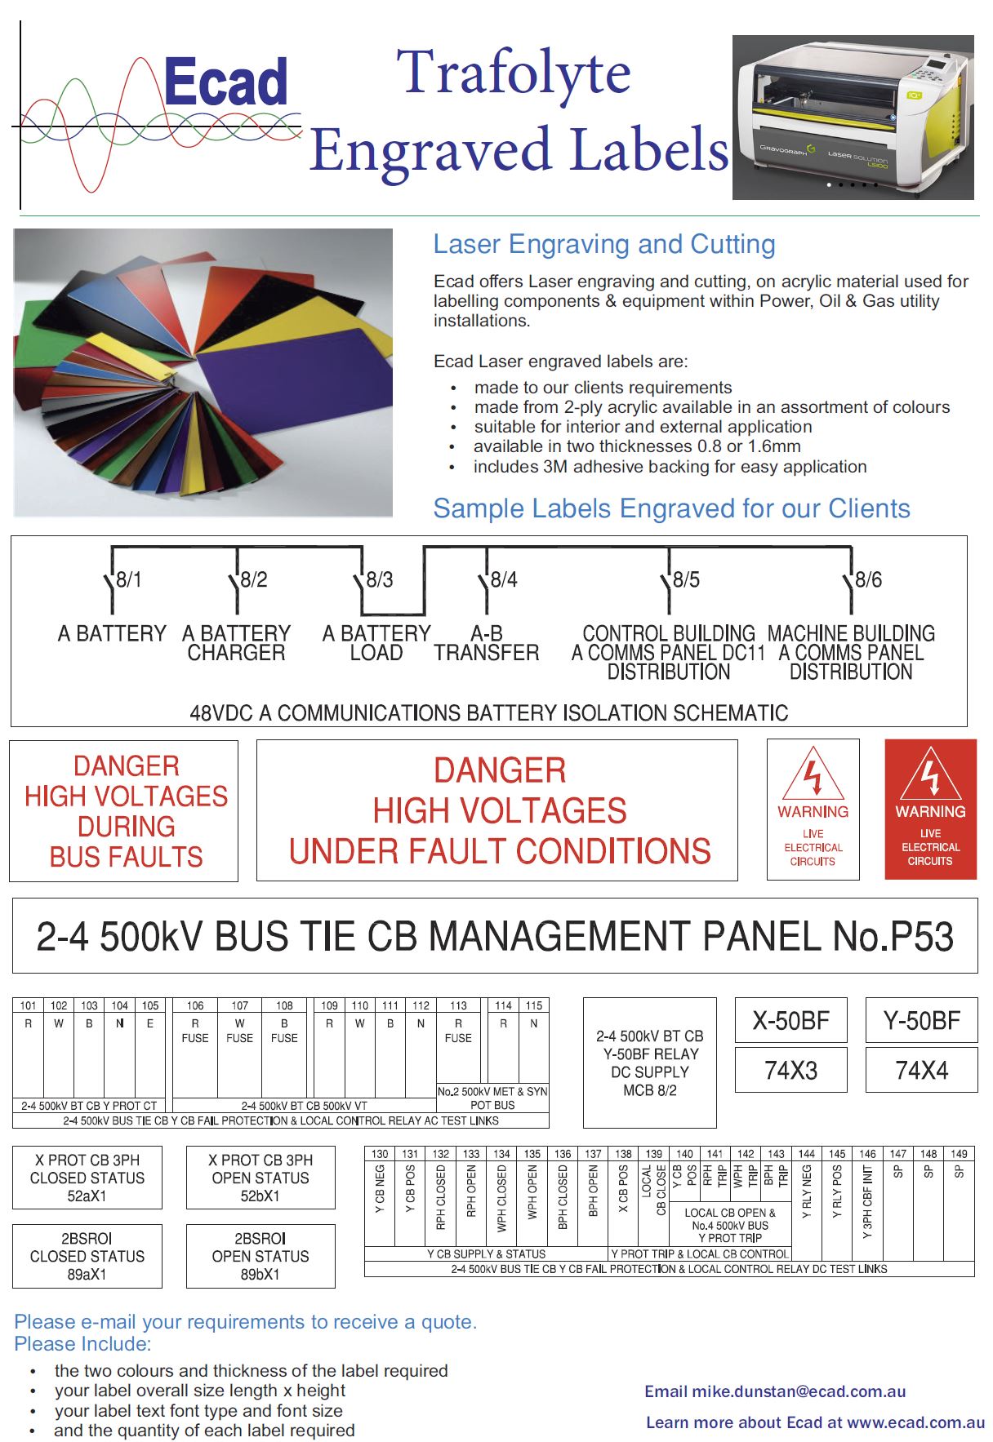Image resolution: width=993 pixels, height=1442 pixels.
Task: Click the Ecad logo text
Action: (225, 82)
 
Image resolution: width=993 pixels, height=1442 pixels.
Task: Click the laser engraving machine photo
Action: (853, 118)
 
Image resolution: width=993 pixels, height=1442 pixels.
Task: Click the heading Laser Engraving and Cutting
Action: (604, 244)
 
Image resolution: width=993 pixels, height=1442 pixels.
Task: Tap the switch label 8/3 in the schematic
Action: (380, 580)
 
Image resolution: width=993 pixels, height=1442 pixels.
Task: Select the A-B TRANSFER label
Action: (487, 643)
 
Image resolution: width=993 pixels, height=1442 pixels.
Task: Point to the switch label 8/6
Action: (868, 580)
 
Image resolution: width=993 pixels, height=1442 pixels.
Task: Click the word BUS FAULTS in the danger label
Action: (126, 857)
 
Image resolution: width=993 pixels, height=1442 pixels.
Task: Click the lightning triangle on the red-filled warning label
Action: (930, 776)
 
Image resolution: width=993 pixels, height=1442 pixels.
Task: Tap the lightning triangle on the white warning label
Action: (813, 775)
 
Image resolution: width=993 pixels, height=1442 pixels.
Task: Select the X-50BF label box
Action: (790, 1020)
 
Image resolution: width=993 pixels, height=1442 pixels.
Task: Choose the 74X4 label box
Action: (921, 1070)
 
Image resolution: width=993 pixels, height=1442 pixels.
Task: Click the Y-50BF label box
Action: (921, 1020)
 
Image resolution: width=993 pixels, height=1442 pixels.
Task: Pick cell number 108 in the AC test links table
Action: (284, 1005)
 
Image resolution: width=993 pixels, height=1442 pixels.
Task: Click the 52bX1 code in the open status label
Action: (260, 1196)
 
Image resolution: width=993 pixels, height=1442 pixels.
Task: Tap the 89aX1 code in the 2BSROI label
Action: (87, 1275)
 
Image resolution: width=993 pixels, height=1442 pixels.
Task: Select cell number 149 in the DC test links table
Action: (959, 1154)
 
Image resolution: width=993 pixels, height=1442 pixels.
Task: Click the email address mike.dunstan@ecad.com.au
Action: (799, 1391)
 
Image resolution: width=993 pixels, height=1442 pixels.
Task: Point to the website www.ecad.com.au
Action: (915, 1422)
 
